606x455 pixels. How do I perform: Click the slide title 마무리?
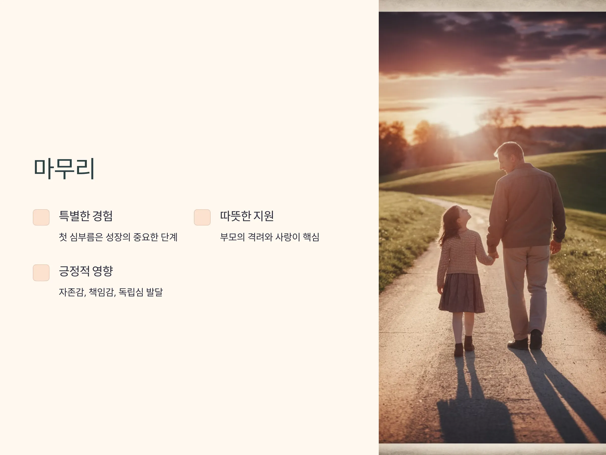64,168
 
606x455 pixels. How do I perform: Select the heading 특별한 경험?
86,216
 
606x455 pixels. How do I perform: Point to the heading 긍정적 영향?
86,271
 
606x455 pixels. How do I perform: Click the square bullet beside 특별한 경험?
41,217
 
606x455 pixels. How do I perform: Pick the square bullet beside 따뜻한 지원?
202,217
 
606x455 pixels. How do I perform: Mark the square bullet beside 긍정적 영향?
41,272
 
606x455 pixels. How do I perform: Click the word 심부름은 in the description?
86,237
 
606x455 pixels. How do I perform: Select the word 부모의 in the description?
232,237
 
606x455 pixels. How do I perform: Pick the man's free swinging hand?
555,246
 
